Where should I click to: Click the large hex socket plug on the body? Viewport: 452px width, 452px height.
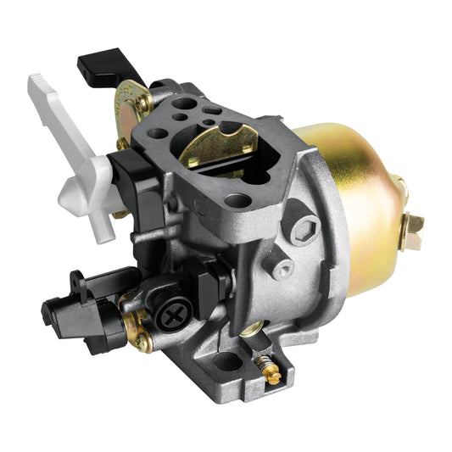click(x=306, y=227)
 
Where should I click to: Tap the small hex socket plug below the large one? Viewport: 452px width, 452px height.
click(x=282, y=269)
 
